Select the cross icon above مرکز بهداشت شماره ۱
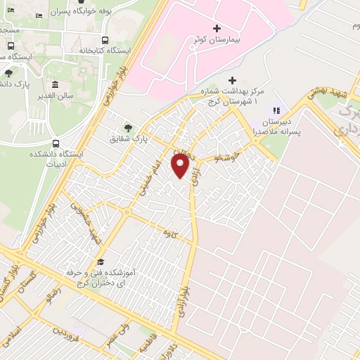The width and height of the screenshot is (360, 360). click(x=233, y=80)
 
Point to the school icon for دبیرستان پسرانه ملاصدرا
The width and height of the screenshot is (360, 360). click(x=276, y=110)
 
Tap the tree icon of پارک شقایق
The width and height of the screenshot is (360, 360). click(x=127, y=127)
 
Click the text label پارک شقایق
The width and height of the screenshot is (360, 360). click(x=127, y=139)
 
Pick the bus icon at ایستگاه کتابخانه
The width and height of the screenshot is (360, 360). click(x=105, y=40)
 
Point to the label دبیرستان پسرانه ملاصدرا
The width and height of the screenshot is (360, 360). click(x=275, y=126)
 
